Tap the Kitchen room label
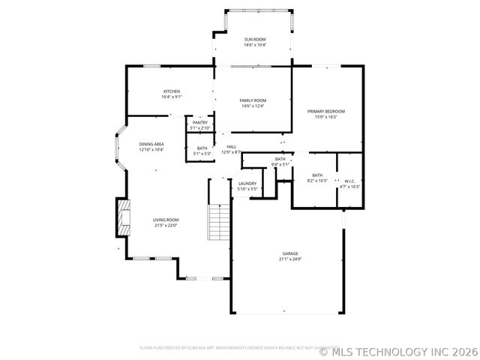click(x=172, y=91)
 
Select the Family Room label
click(x=253, y=100)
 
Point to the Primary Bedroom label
click(x=326, y=111)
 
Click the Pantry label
click(x=200, y=122)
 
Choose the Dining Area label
click(x=151, y=144)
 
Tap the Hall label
click(x=232, y=146)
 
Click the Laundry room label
click(x=247, y=183)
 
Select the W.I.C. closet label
click(x=349, y=181)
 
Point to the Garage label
click(x=289, y=253)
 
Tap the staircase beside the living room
click(x=217, y=221)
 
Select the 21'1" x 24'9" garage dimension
click(x=289, y=259)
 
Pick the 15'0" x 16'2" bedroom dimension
click(x=326, y=117)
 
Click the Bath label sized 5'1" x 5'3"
click(x=202, y=148)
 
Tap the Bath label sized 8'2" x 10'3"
click(x=318, y=175)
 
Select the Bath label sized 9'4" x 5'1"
click(x=280, y=158)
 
